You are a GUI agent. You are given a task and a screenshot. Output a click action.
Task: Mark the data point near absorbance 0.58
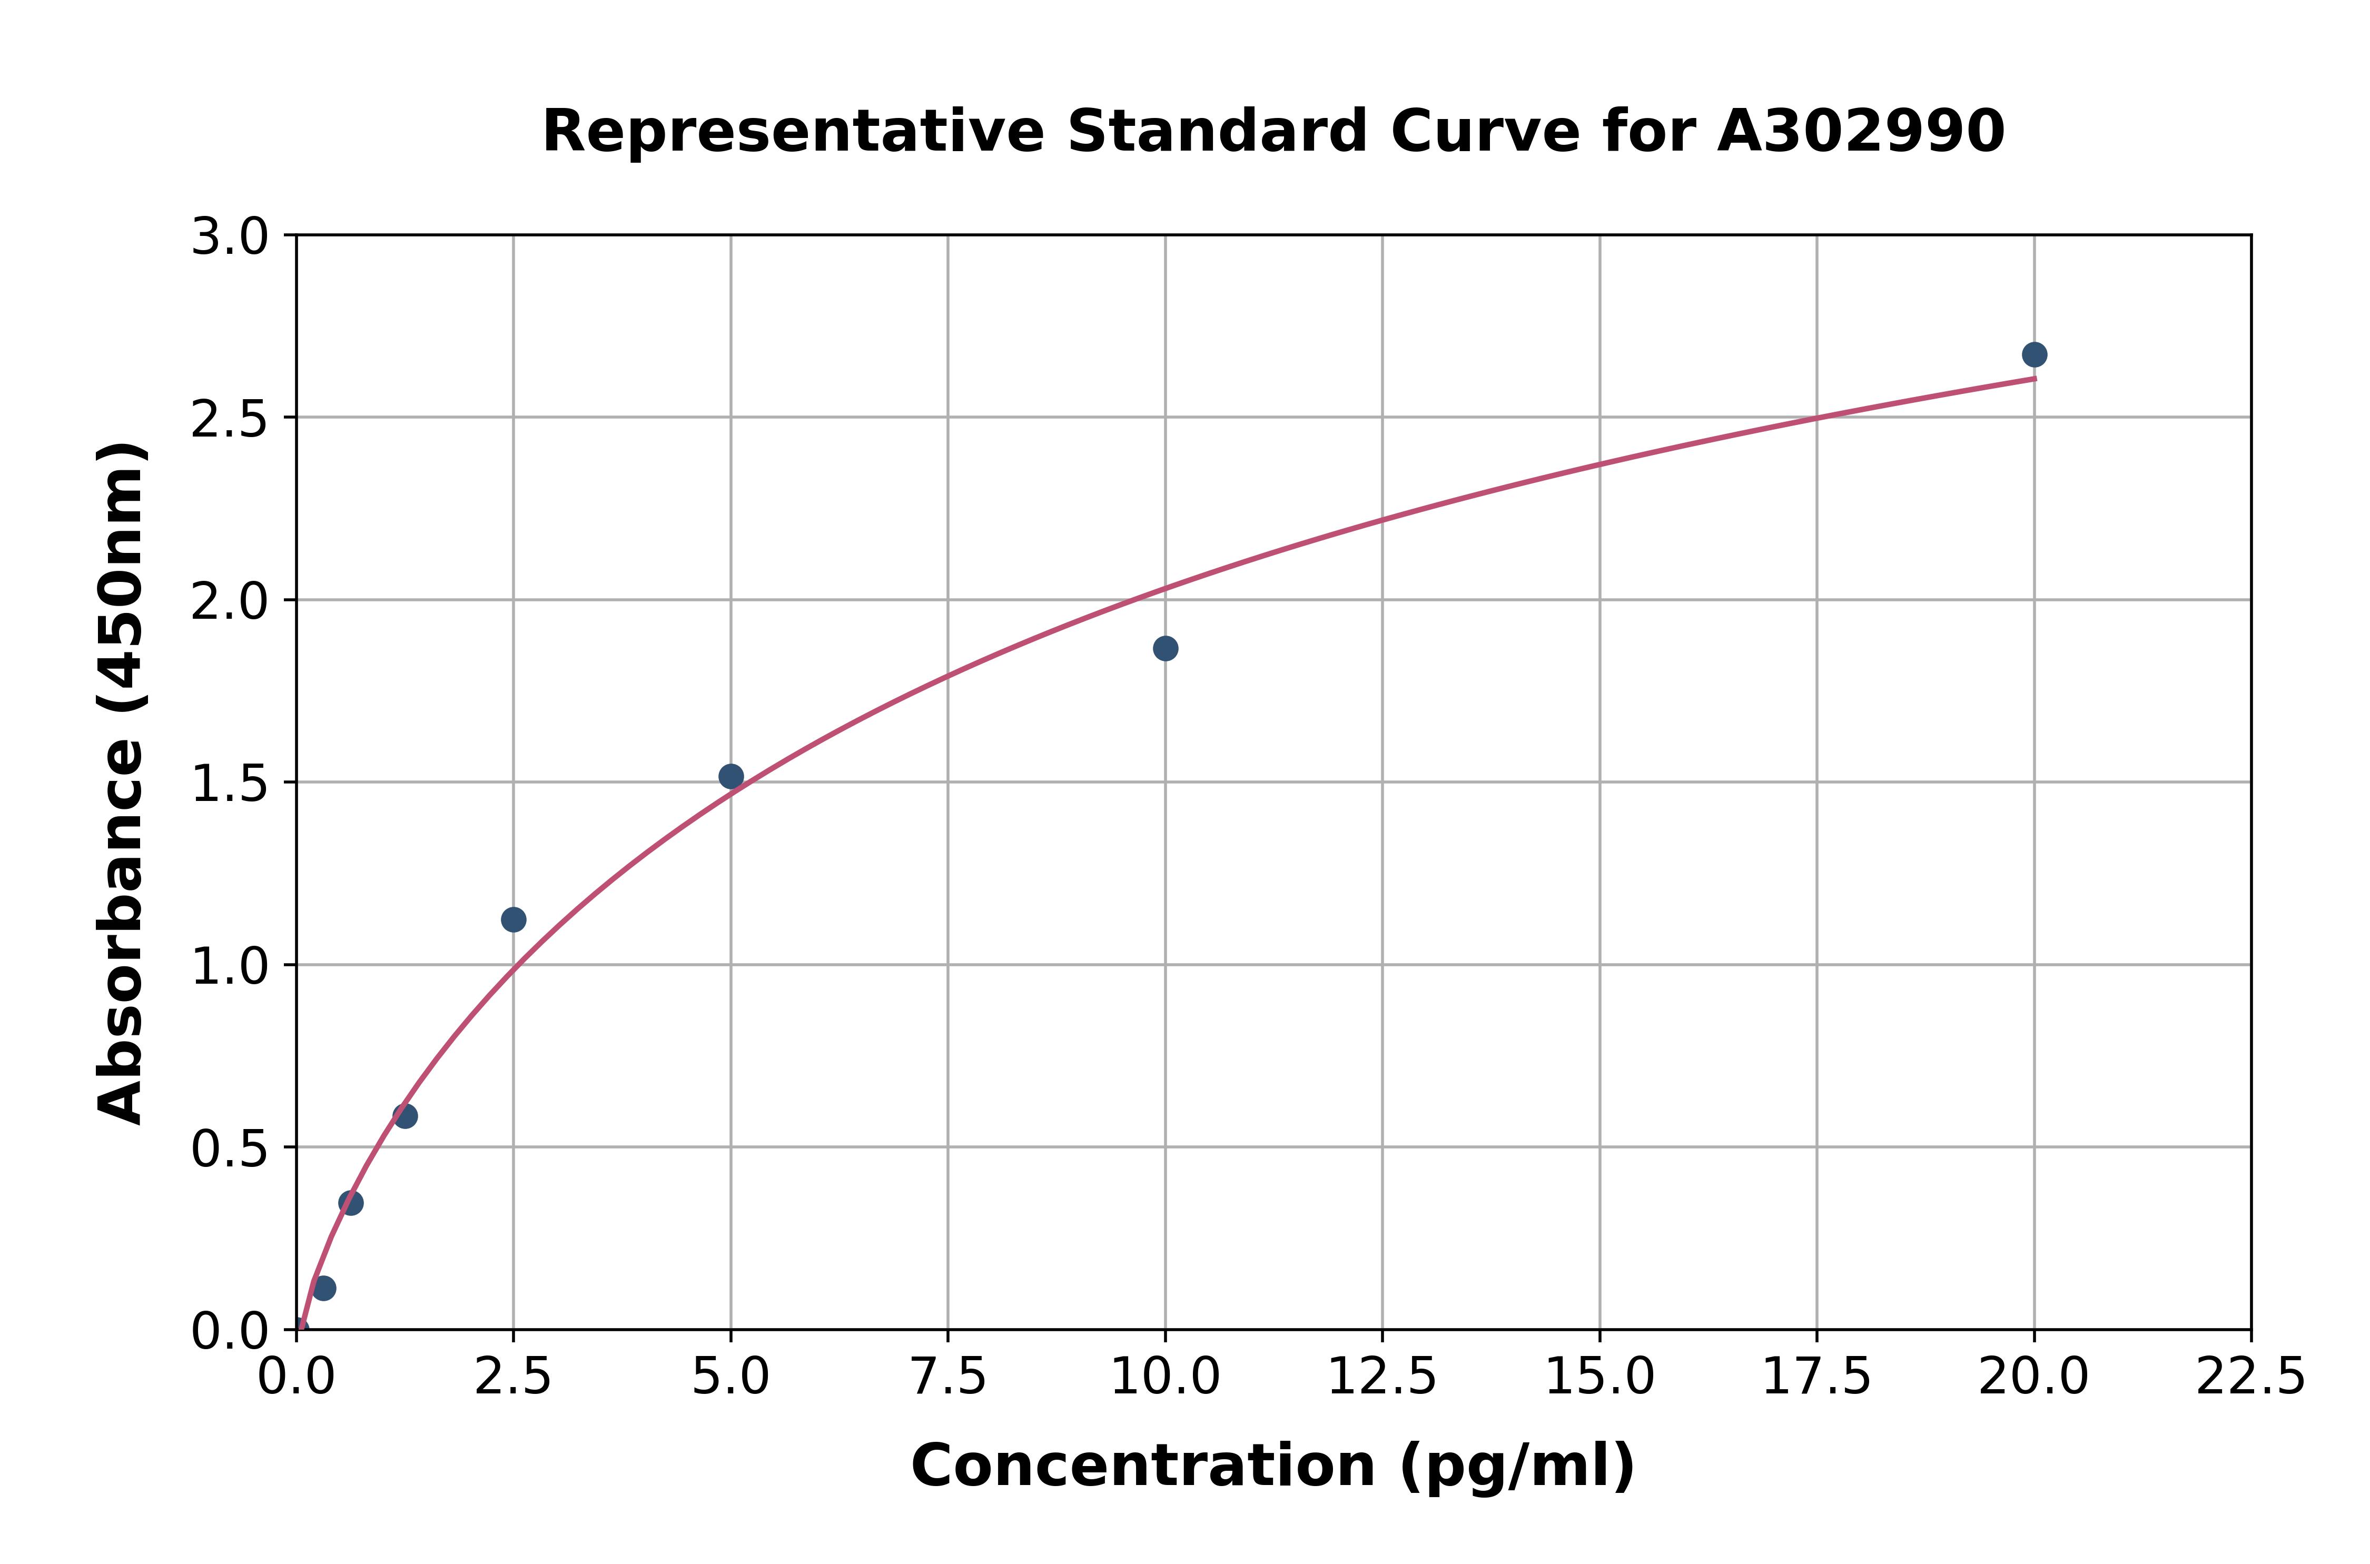point(405,1116)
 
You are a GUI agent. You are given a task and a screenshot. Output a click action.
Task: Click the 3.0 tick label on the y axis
point(230,237)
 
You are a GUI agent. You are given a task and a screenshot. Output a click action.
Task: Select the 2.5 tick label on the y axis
point(230,420)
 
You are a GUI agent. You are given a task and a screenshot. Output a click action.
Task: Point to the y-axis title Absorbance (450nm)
point(122,783)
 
